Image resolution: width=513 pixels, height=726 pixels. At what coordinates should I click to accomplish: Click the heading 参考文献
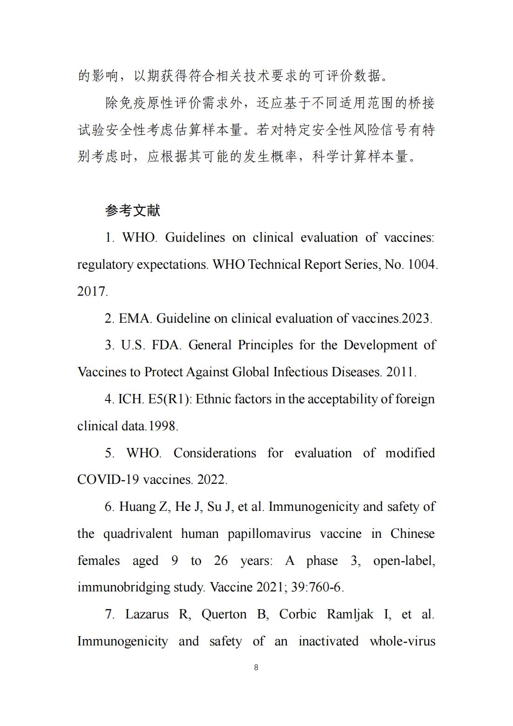tap(133, 210)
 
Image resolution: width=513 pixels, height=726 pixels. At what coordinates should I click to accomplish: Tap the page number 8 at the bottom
tap(256, 667)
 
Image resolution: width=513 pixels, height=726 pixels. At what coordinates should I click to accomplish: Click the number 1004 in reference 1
tap(421, 265)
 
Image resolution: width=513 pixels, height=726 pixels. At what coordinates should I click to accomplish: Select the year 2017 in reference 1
tap(92, 292)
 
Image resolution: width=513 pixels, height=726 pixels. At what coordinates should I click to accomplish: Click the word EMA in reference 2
tap(134, 319)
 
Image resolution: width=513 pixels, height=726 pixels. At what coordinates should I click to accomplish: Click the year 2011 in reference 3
tap(400, 372)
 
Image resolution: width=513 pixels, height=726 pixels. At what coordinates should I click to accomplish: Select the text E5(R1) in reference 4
tap(169, 399)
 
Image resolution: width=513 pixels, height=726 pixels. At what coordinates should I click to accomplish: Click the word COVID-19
tap(108, 480)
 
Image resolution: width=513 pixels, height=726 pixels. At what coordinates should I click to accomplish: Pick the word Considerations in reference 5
tap(215, 453)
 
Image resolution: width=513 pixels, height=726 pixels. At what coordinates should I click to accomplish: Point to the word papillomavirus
tap(269, 534)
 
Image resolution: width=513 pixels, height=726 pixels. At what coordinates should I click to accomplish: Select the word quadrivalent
tap(137, 534)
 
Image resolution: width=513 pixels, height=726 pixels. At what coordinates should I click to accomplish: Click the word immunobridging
tap(123, 587)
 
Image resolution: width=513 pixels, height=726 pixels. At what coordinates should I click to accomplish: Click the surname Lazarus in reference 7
tap(147, 614)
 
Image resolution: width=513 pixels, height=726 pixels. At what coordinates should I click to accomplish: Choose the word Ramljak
tap(350, 614)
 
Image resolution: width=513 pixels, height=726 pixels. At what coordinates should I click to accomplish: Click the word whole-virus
tap(402, 641)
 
